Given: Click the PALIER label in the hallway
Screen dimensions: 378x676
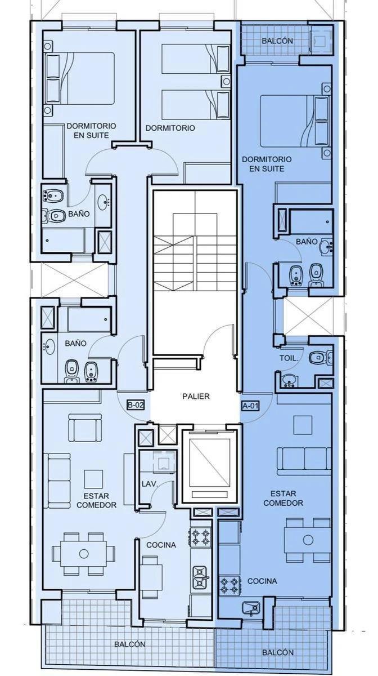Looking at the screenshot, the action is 196,396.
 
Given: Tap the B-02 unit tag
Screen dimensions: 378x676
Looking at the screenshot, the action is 135,405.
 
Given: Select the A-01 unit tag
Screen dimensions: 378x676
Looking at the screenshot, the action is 250,406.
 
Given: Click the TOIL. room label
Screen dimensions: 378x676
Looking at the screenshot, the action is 289,358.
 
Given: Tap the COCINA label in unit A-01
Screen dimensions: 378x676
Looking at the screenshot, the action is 262,581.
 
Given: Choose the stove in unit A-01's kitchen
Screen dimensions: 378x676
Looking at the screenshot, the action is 229,585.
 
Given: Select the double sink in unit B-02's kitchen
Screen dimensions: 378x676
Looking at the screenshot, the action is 200,576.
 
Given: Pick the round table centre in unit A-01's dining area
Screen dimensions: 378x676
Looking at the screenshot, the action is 308,540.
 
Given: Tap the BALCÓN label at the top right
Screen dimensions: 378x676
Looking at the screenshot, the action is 277,41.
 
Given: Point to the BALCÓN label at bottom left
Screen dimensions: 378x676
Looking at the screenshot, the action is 130,644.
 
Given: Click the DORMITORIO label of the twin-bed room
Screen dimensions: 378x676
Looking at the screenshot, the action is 170,128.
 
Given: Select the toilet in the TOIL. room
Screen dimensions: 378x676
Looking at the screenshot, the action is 320,358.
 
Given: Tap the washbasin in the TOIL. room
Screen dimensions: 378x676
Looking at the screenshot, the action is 289,381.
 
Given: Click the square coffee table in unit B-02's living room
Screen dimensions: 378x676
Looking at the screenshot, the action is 93,479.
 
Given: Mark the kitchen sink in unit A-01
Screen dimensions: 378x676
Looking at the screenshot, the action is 251,608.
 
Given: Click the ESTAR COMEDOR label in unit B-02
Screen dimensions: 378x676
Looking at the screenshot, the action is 96,500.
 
